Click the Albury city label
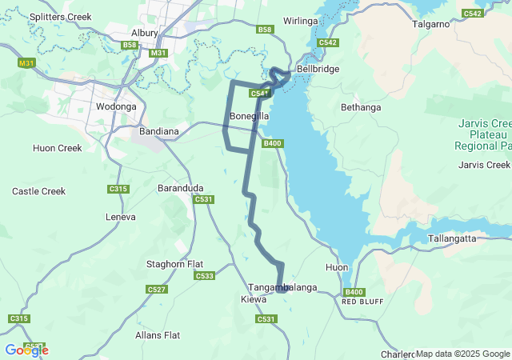144,33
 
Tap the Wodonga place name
116,106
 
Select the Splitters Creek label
61,16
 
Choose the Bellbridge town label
318,70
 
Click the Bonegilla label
249,117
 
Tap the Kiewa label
254,299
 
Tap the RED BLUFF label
358,302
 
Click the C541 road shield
258,94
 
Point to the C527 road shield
157,289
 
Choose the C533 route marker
204,276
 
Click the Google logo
26,350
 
